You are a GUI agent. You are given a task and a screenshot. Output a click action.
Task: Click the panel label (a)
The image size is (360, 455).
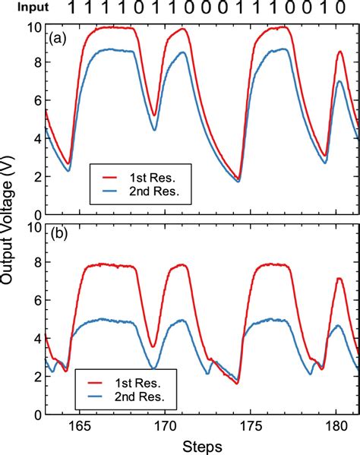(x=61, y=39)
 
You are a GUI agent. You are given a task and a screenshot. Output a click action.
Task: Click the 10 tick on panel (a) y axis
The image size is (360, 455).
(x=33, y=28)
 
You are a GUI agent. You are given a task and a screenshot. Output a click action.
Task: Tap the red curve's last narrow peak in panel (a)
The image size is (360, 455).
(x=339, y=52)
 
